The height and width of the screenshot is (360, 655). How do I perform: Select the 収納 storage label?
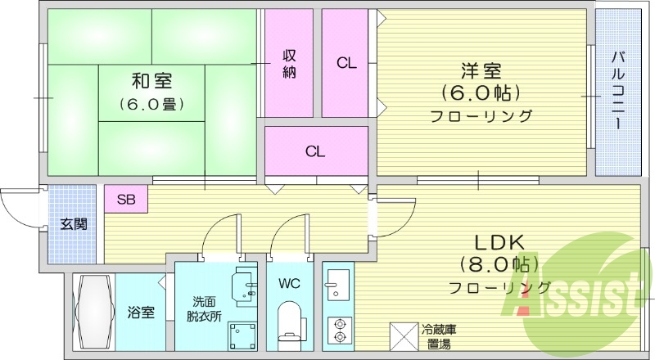(289, 63)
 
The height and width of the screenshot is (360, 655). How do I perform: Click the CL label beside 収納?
(346, 64)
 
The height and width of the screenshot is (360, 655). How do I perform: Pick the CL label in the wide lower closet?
(315, 151)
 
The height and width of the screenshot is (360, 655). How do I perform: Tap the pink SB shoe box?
(125, 199)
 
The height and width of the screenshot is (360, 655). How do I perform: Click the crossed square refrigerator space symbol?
(402, 336)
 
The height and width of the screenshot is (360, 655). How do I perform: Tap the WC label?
(289, 284)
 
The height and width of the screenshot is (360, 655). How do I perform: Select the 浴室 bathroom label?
(140, 312)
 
